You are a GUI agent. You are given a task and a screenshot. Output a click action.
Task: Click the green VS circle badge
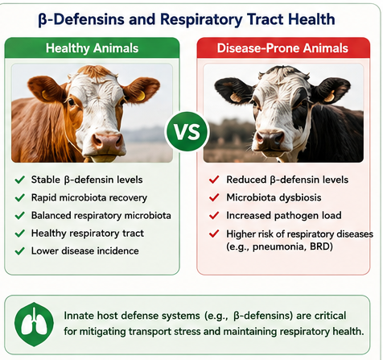click(187, 132)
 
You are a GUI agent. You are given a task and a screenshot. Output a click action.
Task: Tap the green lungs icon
click(34, 325)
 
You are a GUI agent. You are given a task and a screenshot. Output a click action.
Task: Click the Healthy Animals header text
click(92, 48)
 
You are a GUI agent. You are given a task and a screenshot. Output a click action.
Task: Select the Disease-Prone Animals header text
click(282, 48)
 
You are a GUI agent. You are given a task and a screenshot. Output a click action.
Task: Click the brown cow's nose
click(108, 142)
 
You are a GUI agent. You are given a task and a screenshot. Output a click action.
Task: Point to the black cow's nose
click(270, 139)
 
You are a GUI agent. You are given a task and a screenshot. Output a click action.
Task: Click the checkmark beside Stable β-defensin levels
click(20, 180)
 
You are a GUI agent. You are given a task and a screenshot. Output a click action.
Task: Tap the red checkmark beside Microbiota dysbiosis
click(214, 197)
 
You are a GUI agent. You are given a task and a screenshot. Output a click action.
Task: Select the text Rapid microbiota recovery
click(89, 198)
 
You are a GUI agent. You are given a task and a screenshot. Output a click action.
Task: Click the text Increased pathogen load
click(284, 215)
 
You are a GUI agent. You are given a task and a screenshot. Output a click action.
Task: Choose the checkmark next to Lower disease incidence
click(20, 251)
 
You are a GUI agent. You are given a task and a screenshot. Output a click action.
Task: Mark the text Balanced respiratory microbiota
click(101, 216)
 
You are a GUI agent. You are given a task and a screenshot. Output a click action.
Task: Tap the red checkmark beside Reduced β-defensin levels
click(214, 180)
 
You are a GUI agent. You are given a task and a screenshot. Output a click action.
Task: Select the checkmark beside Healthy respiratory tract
click(20, 233)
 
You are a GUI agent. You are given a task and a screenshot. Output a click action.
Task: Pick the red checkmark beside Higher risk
click(214, 234)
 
